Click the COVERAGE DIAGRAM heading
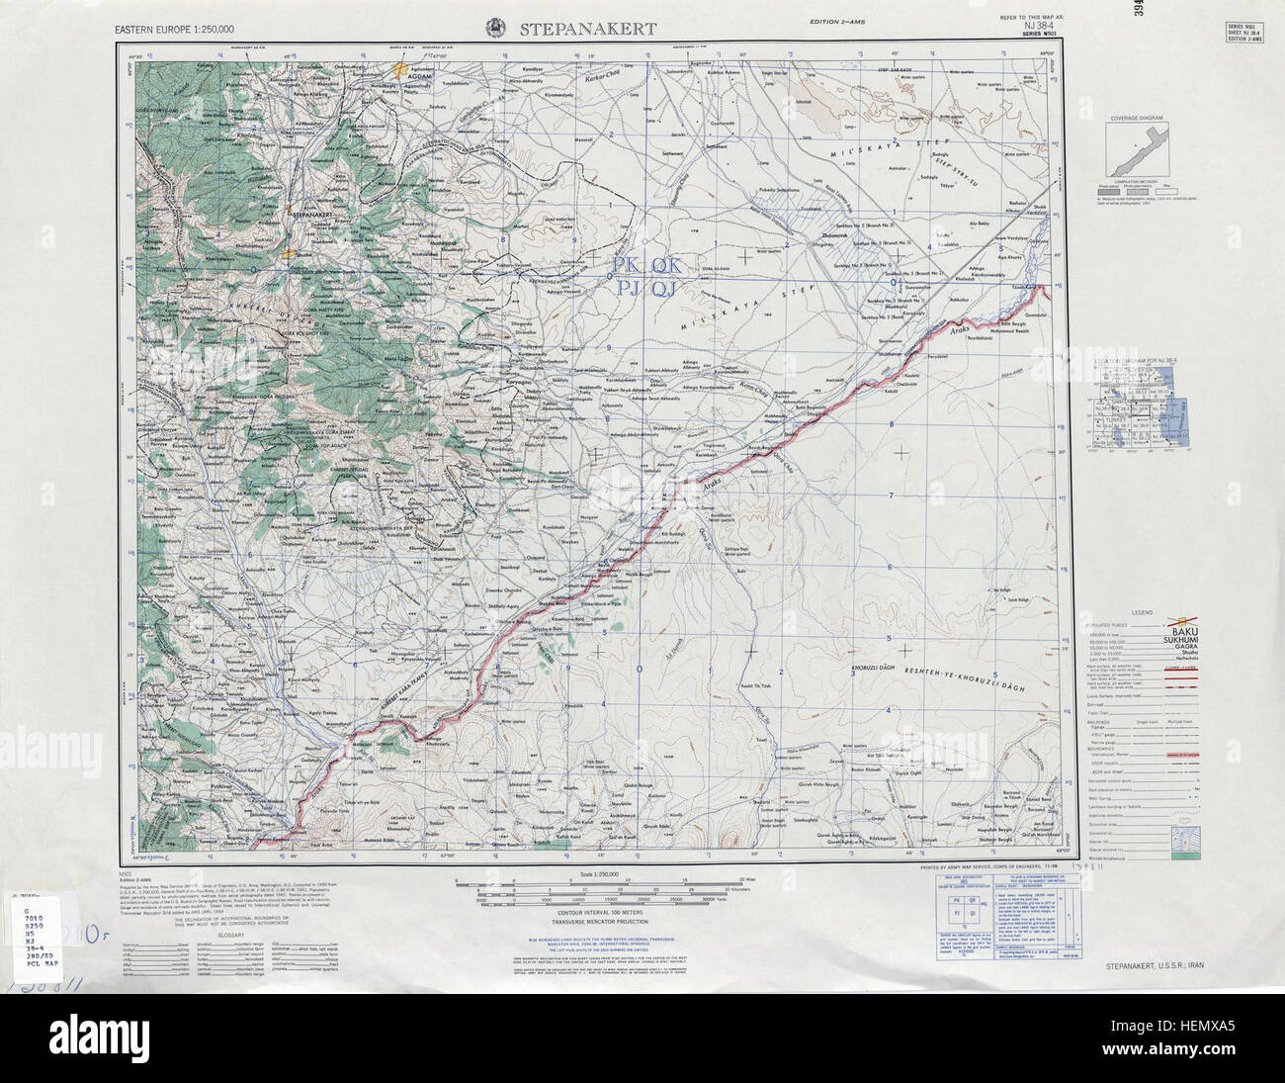point(1136,118)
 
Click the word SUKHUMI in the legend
point(1189,640)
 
